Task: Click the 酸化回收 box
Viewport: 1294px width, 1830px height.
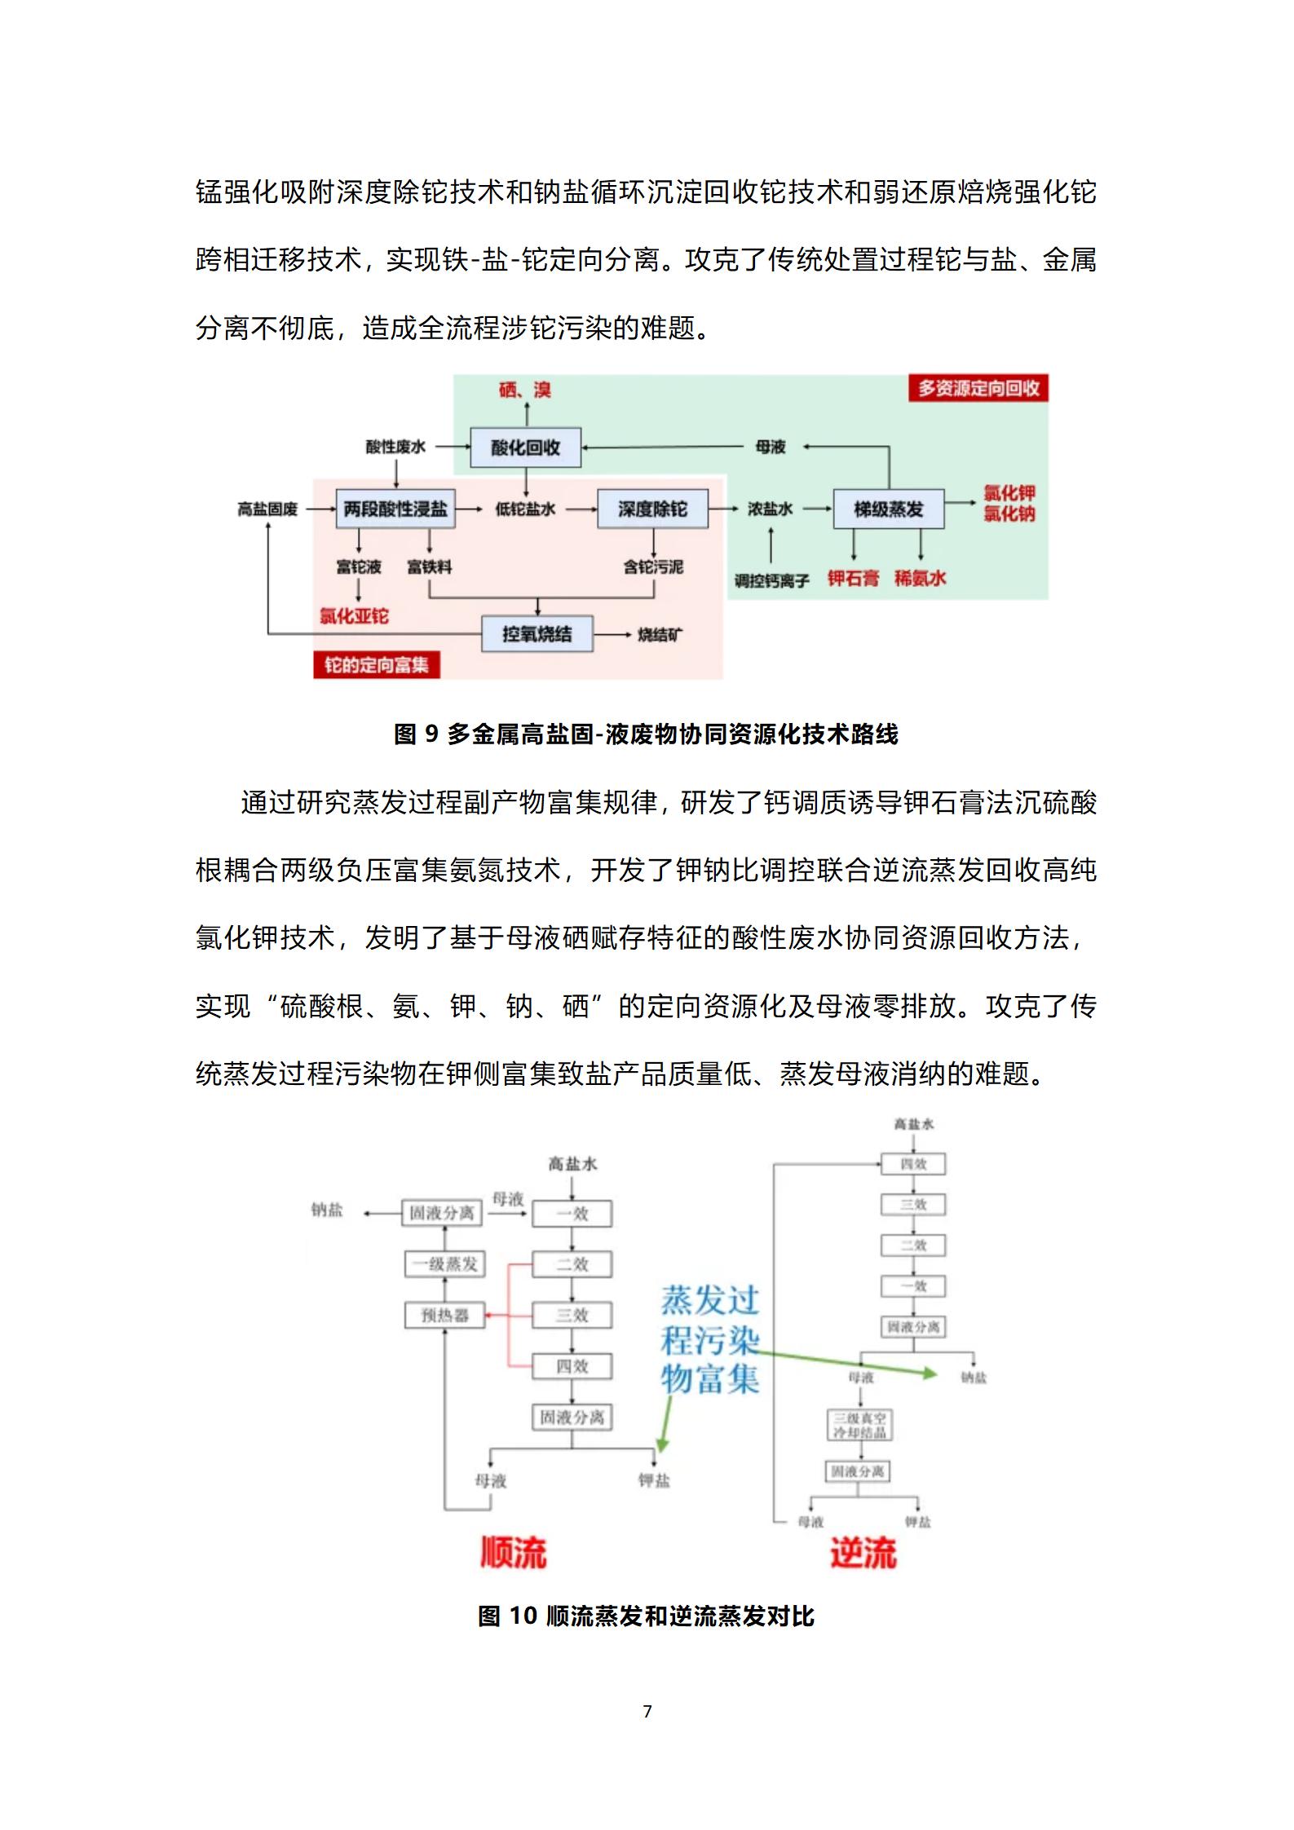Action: (x=525, y=448)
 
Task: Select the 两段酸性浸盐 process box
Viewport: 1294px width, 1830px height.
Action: (x=395, y=509)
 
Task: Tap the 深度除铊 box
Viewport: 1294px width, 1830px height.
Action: (x=652, y=509)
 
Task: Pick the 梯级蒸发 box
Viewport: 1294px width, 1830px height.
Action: (x=888, y=509)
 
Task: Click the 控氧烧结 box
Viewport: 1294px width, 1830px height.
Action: (x=537, y=634)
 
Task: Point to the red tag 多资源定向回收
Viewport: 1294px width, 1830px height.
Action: (x=978, y=389)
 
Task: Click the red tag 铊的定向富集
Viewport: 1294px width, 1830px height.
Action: (x=376, y=665)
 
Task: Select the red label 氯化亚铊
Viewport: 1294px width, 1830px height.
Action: (x=354, y=616)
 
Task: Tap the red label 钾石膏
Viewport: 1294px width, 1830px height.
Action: (x=853, y=579)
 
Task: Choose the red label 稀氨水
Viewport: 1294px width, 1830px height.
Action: (x=920, y=579)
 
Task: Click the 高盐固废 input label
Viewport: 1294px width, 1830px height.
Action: (x=267, y=509)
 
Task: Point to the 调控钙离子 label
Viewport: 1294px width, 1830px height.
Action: (x=771, y=581)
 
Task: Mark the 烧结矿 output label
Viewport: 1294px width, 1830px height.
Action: (x=660, y=635)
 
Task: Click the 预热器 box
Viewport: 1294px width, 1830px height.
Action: (x=444, y=1315)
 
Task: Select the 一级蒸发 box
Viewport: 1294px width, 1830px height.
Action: (x=444, y=1264)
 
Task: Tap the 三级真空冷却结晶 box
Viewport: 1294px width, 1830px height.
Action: (x=859, y=1425)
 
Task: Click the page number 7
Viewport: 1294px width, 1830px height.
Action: (x=647, y=1711)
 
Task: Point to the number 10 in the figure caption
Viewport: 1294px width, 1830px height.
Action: (x=523, y=1616)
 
